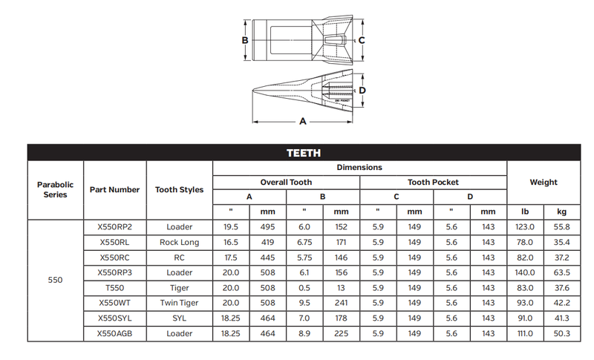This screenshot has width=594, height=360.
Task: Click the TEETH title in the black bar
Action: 304,153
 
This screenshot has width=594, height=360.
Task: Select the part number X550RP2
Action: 114,227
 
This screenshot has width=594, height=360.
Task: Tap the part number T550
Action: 114,288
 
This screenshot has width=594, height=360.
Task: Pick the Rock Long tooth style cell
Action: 179,242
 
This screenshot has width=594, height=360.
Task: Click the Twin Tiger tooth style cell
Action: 179,303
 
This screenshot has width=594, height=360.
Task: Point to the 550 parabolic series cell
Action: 55,280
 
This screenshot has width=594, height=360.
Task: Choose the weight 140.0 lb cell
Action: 525,272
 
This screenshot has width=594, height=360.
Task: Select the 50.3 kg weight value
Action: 562,333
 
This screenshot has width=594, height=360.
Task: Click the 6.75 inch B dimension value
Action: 304,242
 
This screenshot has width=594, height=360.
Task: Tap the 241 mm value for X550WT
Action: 341,303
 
